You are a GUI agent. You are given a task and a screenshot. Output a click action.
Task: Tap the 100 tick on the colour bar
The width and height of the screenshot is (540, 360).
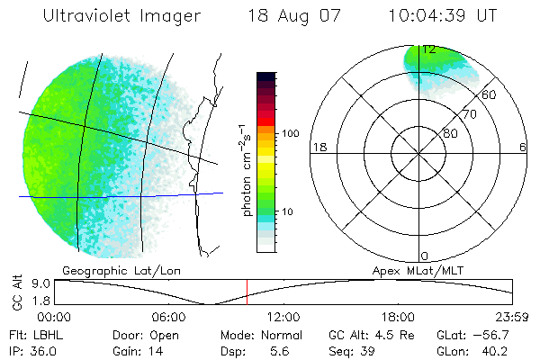[290, 133]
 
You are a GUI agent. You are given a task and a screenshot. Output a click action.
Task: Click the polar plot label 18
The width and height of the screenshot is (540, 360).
[318, 147]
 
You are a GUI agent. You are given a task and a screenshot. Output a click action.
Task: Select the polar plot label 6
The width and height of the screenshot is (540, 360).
[523, 147]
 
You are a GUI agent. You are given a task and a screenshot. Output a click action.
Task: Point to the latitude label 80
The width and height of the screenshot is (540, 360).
[451, 133]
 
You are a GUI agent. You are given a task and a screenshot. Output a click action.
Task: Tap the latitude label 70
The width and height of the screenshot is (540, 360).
[470, 114]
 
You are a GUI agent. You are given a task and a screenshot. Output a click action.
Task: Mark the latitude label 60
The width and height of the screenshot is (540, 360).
[489, 94]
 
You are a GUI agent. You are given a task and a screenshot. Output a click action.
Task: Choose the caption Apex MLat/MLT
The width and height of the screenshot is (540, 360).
[434, 270]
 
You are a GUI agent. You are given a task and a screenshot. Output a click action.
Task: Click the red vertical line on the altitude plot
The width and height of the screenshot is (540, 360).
[247, 292]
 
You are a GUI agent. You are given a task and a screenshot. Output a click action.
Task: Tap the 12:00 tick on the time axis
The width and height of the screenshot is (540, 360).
[284, 316]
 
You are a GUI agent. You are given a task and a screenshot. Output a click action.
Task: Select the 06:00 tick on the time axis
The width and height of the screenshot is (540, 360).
[169, 316]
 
